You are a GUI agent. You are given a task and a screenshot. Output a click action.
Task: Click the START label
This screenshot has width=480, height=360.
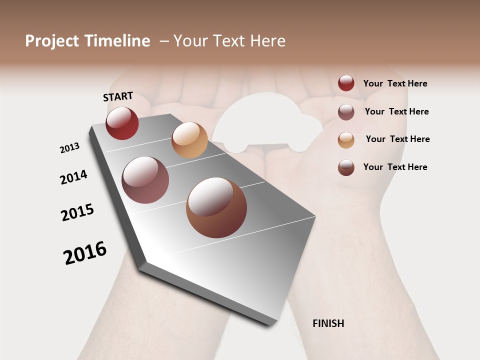[118, 96]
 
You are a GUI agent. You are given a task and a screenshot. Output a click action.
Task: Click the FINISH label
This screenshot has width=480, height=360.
[328, 323]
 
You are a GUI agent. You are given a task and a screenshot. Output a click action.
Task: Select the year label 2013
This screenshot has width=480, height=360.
[69, 148]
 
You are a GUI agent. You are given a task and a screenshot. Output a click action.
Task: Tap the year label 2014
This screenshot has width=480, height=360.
[73, 177]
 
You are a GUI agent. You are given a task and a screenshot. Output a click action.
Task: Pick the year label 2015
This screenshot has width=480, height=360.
[77, 212]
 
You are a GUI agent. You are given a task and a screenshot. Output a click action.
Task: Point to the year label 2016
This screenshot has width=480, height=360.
[85, 252]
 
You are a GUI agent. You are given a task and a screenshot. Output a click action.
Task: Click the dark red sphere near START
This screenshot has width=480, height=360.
[122, 123]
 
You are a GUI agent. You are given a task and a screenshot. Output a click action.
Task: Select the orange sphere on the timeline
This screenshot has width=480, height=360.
[189, 139]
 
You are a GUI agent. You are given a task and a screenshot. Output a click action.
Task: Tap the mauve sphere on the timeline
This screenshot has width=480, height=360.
[145, 180]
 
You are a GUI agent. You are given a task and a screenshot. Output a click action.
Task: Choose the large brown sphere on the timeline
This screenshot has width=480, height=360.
[216, 207]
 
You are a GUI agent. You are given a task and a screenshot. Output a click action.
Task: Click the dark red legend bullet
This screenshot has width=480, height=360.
[346, 83]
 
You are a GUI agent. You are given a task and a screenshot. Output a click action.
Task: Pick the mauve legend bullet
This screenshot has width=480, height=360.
[346, 112]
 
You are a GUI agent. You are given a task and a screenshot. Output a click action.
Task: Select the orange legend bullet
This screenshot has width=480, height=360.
[346, 140]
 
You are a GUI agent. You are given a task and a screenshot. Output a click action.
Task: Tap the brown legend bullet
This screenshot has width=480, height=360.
[346, 167]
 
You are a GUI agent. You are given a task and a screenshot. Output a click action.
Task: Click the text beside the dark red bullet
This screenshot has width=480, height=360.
[395, 83]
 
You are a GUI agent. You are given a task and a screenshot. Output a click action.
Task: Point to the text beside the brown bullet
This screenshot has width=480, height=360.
[395, 167]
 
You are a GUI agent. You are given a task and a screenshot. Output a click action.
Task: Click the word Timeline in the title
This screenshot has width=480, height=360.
[117, 41]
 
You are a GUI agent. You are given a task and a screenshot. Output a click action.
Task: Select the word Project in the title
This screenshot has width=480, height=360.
[52, 41]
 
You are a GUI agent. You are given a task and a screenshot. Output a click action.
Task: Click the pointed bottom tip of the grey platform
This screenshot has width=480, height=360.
[270, 324]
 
